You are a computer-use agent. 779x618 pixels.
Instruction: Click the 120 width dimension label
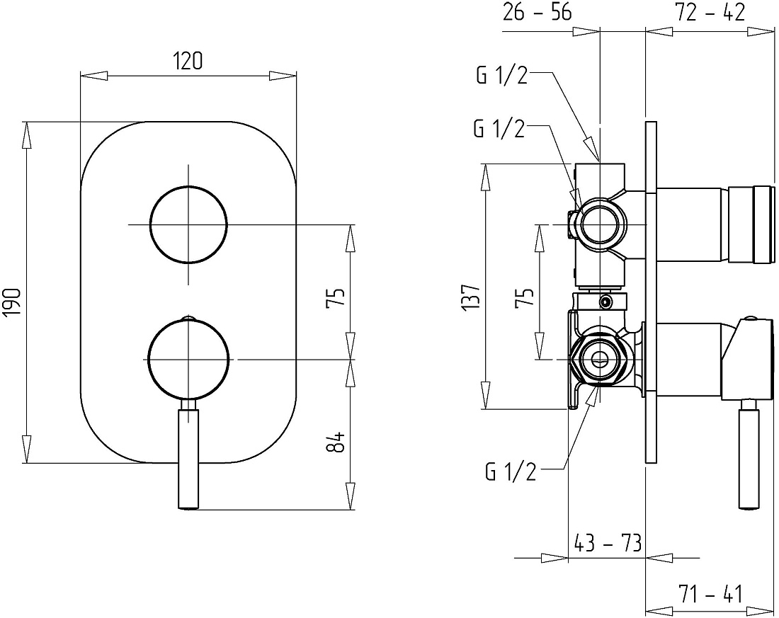coord(188,61)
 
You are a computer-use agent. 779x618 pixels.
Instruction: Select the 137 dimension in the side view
coord(472,297)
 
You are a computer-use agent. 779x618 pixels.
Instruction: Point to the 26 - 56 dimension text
coord(537,13)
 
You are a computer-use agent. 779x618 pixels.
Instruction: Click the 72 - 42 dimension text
coord(710,13)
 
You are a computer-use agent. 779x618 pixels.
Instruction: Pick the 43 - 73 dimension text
coord(607,543)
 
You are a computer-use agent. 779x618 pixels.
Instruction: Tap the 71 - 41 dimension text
coord(710,594)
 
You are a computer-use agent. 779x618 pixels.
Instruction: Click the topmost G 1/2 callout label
coord(502,76)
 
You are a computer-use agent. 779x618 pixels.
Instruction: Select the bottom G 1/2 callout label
coord(511,471)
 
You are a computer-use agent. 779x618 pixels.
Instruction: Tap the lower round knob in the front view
coord(189,359)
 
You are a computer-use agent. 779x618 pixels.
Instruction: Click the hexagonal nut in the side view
coord(600,359)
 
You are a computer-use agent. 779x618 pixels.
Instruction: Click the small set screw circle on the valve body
coord(605,302)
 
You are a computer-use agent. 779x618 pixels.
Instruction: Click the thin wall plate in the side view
coord(652,292)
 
